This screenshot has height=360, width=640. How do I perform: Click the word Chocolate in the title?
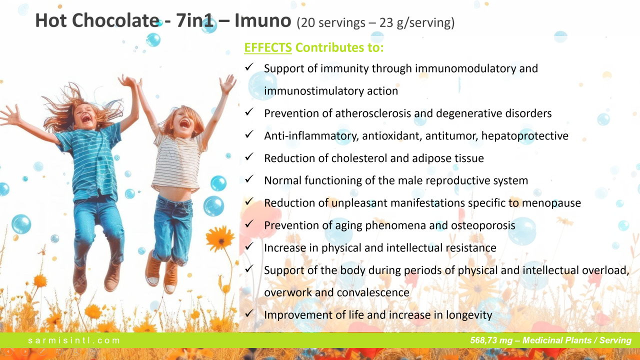coord(115,20)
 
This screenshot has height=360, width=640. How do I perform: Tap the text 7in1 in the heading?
coord(194,20)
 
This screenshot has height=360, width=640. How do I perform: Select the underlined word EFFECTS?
coord(268,47)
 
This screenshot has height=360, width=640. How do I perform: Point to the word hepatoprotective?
coord(525,136)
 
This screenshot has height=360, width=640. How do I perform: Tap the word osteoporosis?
coord(483,225)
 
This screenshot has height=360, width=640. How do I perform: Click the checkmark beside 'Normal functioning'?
coord(249,179)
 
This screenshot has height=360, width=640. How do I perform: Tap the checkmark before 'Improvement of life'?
coord(249,313)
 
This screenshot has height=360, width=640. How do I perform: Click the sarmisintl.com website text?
coord(73,340)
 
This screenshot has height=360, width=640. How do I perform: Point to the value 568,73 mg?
coord(491,340)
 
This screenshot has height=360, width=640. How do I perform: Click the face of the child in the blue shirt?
coord(85,116)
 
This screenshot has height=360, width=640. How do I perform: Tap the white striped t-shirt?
coord(177,163)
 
